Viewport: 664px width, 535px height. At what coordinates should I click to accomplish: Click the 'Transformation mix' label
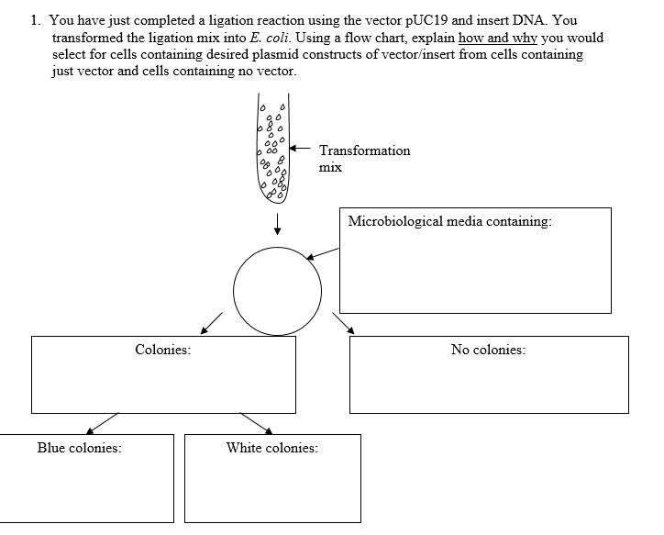[364, 159]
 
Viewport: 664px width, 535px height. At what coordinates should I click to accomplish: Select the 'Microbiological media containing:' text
[450, 221]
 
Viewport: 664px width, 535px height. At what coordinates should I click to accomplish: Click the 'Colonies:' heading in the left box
[163, 350]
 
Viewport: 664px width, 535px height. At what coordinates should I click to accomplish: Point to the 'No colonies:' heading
[488, 350]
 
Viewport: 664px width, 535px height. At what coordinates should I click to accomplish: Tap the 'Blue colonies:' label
[80, 448]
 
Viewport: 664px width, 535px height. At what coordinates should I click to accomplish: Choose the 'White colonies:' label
[272, 448]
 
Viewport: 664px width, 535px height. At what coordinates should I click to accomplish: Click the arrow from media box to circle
[322, 253]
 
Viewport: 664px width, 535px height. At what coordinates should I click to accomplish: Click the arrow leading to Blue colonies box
[103, 423]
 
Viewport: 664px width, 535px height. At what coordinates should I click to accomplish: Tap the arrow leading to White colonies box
[256, 422]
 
